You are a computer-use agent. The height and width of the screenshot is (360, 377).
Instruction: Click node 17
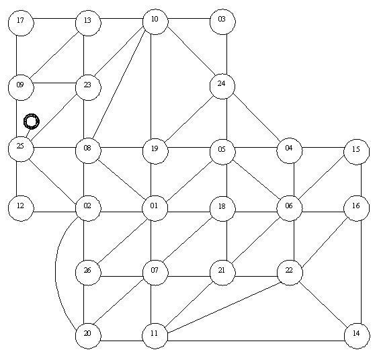tap(21, 24)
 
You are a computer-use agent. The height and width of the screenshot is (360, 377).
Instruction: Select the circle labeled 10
tap(155, 21)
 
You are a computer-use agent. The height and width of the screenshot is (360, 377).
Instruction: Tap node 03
tap(222, 21)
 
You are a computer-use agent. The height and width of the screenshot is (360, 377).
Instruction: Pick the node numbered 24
tap(222, 86)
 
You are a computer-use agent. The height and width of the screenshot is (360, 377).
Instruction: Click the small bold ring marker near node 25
tap(32, 122)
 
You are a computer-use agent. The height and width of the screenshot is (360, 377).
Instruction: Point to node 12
tap(21, 208)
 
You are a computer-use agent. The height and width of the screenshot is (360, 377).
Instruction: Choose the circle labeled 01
tap(155, 208)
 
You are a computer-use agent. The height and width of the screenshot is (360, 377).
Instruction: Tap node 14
tap(357, 336)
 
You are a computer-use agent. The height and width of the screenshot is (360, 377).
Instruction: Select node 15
tap(357, 151)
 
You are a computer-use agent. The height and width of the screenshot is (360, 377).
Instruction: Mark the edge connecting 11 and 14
tap(256, 341)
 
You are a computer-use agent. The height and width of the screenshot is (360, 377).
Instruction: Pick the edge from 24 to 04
tap(257, 118)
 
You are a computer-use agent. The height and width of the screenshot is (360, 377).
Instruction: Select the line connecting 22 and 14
tap(324, 305)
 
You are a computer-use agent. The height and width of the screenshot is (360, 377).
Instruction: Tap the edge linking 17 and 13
tap(55, 19)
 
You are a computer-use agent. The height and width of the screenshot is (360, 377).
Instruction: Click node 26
tap(88, 273)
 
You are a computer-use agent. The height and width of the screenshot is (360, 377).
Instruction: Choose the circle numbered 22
tap(290, 273)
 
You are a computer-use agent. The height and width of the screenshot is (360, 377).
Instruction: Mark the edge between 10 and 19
tap(151, 87)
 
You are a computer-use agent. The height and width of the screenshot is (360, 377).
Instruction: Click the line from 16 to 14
tap(362, 272)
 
